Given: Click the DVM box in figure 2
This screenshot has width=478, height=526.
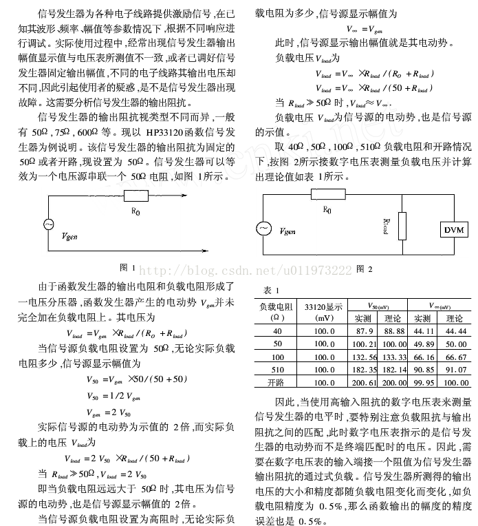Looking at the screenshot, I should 453,229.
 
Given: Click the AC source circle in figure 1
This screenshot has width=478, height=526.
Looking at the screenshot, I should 49,224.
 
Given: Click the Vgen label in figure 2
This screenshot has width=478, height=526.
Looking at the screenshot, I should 290,233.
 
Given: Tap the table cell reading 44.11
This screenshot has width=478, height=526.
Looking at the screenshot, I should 422,331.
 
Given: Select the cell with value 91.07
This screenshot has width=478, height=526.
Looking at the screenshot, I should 454,370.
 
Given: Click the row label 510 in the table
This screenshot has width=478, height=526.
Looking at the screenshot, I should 277,370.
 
